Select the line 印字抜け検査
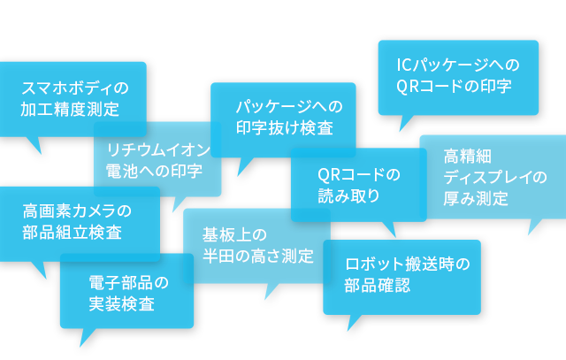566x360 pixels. pyautogui.click(x=284, y=128)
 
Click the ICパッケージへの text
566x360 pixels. pyautogui.click(x=457, y=65)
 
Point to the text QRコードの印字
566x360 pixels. pyautogui.click(x=454, y=87)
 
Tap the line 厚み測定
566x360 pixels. pyautogui.click(x=476, y=199)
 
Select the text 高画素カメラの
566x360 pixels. pyautogui.click(x=76, y=211)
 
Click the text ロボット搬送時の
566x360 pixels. pyautogui.click(x=407, y=264)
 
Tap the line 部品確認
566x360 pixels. pyautogui.click(x=378, y=286)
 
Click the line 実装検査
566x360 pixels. pyautogui.click(x=122, y=304)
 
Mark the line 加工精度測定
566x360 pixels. pyautogui.click(x=70, y=109)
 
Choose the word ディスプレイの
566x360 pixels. pyautogui.click(x=495, y=178)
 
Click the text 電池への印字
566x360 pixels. pyautogui.click(x=153, y=170)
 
